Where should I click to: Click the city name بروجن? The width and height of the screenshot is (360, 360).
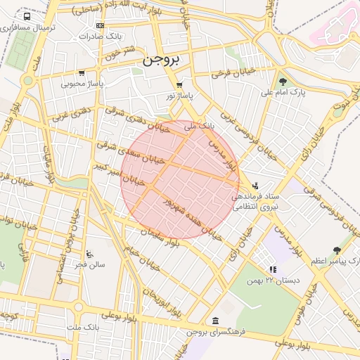162,60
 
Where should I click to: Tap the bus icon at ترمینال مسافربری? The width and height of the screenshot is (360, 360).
27,16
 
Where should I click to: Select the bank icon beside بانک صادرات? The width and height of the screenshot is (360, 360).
99,25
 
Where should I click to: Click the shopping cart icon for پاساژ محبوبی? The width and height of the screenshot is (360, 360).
82,72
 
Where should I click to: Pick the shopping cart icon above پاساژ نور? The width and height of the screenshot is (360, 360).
179,84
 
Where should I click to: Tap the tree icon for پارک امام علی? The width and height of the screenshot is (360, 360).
283,82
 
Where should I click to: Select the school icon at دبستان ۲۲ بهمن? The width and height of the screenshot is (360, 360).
273,269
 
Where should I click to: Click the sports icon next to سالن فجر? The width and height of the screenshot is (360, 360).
88,254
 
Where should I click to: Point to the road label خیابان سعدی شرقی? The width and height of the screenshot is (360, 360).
135,153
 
